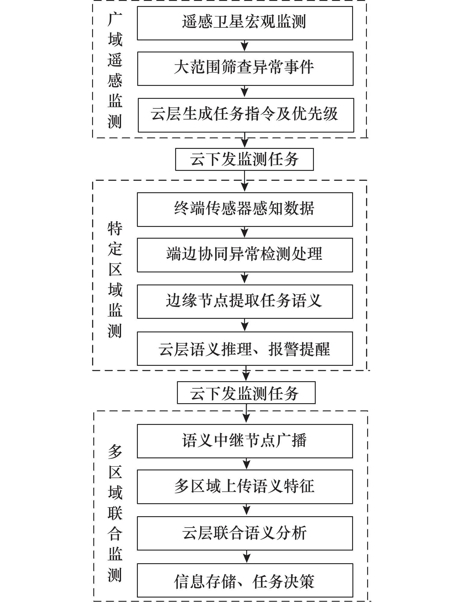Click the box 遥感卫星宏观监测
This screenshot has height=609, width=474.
(x=245, y=23)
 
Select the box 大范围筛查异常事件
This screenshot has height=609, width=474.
(x=245, y=68)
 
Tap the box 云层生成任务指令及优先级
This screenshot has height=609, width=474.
(x=246, y=115)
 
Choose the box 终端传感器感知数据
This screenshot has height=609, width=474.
(x=245, y=209)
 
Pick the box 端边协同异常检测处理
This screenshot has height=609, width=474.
(x=245, y=255)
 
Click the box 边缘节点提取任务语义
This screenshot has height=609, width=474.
(x=245, y=302)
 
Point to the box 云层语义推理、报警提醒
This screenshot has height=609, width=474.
(x=245, y=349)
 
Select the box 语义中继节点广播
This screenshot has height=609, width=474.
(x=245, y=441)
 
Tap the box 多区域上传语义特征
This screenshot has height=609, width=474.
(x=245, y=487)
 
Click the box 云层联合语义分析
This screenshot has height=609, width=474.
(x=245, y=533)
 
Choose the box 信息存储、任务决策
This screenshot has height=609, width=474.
(x=245, y=580)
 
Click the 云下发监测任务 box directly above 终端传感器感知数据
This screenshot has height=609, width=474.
(x=244, y=159)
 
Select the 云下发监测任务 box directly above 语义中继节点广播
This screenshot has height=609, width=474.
(x=246, y=393)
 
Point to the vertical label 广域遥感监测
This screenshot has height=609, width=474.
(x=115, y=71)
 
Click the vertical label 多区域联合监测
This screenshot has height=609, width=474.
(x=115, y=513)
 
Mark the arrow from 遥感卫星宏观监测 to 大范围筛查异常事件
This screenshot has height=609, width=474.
(x=245, y=46)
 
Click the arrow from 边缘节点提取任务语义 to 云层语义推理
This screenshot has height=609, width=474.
(x=245, y=325)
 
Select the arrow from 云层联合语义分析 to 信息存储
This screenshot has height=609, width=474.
(x=246, y=557)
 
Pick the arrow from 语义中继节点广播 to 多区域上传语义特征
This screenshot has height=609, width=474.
(x=246, y=464)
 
